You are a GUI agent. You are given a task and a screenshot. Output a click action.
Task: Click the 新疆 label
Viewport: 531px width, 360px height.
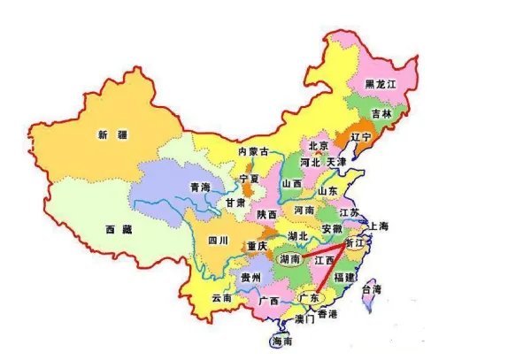tap(113, 134)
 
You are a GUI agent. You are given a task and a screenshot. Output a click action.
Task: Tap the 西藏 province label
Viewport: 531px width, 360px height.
tap(118, 228)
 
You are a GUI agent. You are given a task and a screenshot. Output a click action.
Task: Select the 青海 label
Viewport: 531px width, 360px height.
tap(200, 187)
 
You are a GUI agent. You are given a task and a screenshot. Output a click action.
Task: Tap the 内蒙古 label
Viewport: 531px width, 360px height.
tap(254, 151)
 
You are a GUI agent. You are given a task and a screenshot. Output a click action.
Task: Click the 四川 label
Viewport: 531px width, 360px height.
tap(219, 240)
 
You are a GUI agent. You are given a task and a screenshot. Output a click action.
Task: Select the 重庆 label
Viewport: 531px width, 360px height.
tap(258, 245)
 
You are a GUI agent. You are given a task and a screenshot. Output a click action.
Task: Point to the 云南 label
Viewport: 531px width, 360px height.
tap(221, 299)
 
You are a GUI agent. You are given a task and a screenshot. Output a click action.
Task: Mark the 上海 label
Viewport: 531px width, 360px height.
tap(379, 226)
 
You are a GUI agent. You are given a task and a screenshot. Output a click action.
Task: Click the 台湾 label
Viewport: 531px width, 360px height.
tap(376, 289)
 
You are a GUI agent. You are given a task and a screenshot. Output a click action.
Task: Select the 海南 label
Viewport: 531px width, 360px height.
tap(282, 341)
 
